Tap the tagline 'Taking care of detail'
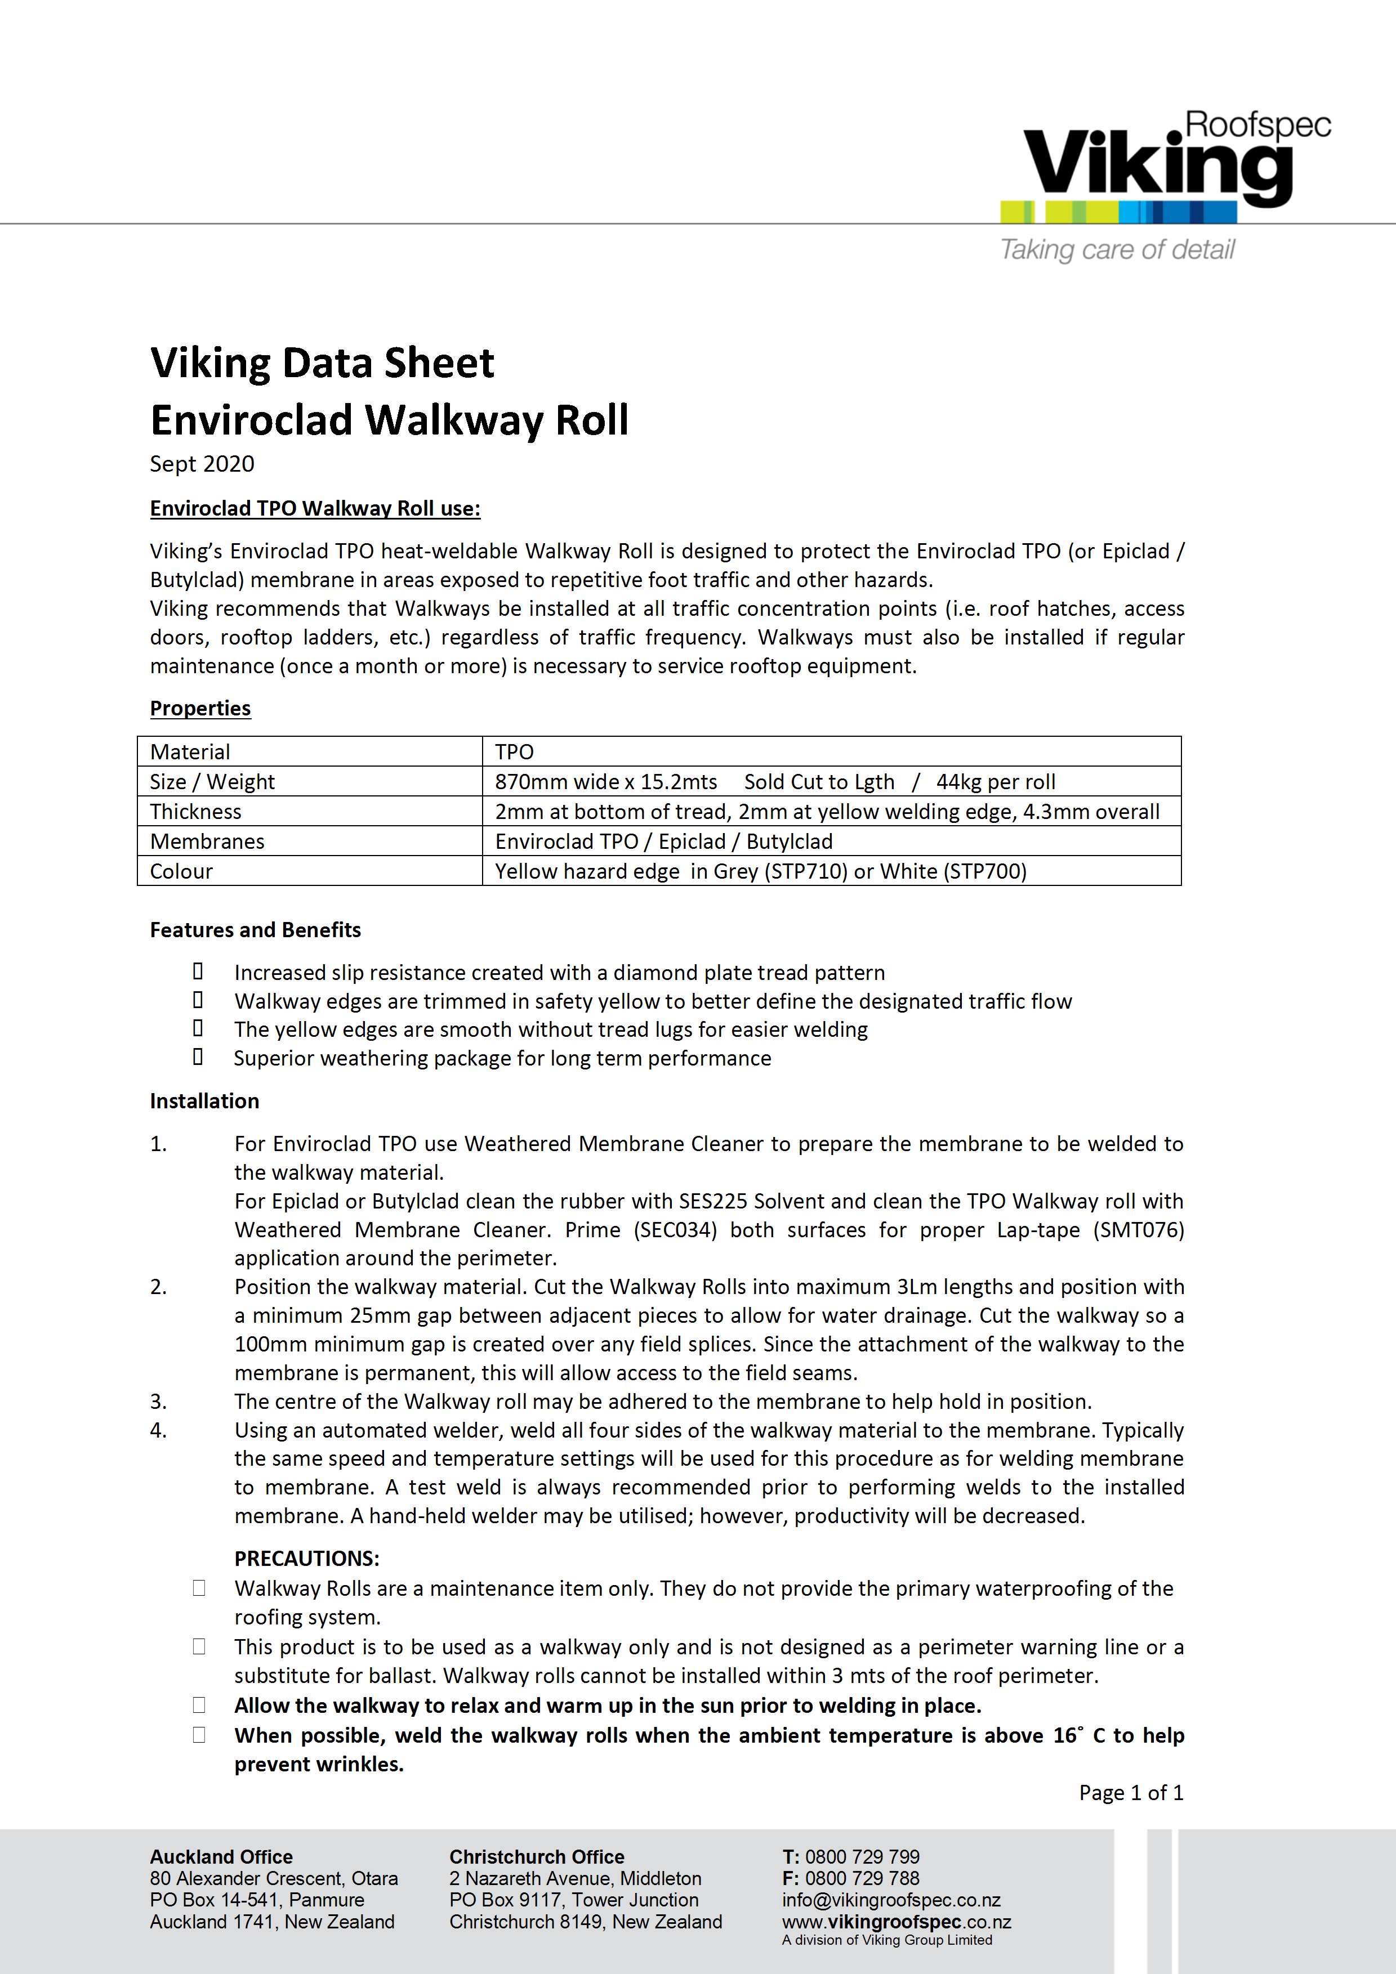coord(1117,249)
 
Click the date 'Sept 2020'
coord(202,464)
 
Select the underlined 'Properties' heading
coord(200,709)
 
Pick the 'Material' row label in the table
coord(190,753)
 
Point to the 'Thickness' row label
coord(195,812)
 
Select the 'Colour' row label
coord(181,872)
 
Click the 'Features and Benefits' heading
coord(256,930)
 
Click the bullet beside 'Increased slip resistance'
coord(198,972)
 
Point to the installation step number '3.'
coord(158,1402)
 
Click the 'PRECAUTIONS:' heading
coord(306,1559)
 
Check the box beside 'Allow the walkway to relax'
coord(199,1705)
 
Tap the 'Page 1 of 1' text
coord(1131,1793)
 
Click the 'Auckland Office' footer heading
coord(221,1857)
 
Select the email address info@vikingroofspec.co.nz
coord(891,1900)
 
